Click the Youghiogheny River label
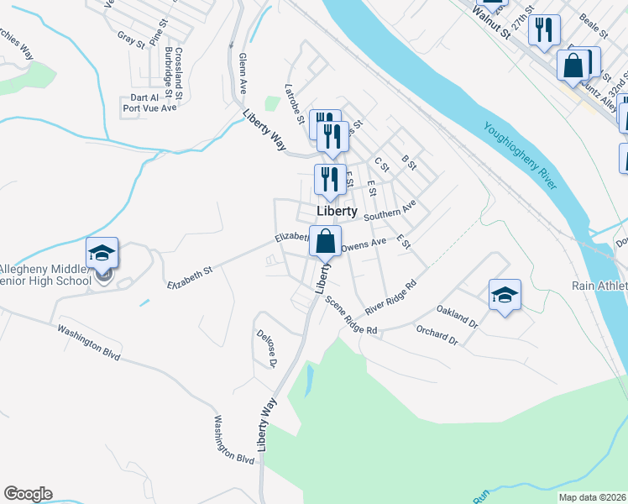(521, 156)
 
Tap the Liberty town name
(338, 211)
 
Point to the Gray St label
(131, 38)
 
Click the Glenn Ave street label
(243, 73)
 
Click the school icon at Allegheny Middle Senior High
(102, 253)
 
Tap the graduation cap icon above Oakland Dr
(505, 295)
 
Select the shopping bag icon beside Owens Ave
(325, 242)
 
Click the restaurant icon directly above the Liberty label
(327, 179)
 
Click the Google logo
(28, 494)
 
